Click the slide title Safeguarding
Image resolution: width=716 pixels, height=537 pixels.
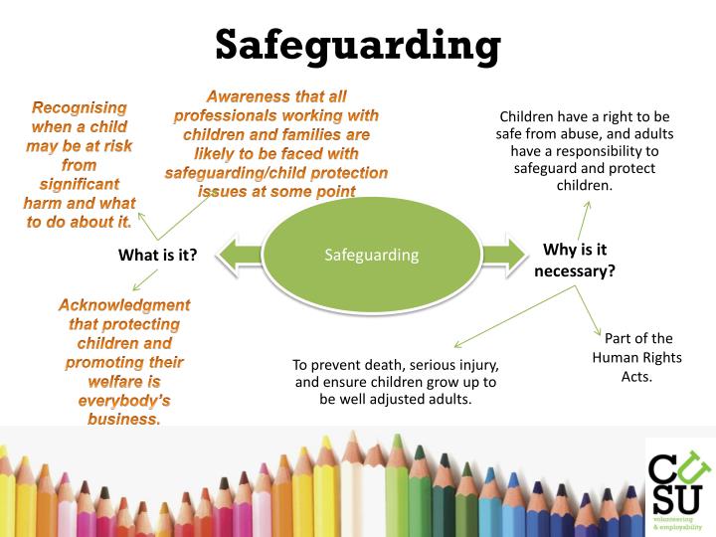[357, 45]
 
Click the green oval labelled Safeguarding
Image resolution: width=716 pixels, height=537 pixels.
[371, 255]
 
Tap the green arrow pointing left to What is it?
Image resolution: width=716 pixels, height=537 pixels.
[236, 255]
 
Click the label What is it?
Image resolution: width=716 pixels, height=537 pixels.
[157, 256]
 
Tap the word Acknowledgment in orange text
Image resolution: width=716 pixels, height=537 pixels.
[123, 305]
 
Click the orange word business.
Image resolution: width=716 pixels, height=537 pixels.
[123, 419]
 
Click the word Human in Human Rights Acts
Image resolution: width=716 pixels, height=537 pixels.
[615, 358]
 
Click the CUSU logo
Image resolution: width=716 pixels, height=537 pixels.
[679, 483]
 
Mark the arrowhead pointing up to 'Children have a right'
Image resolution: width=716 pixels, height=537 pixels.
[586, 205]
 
